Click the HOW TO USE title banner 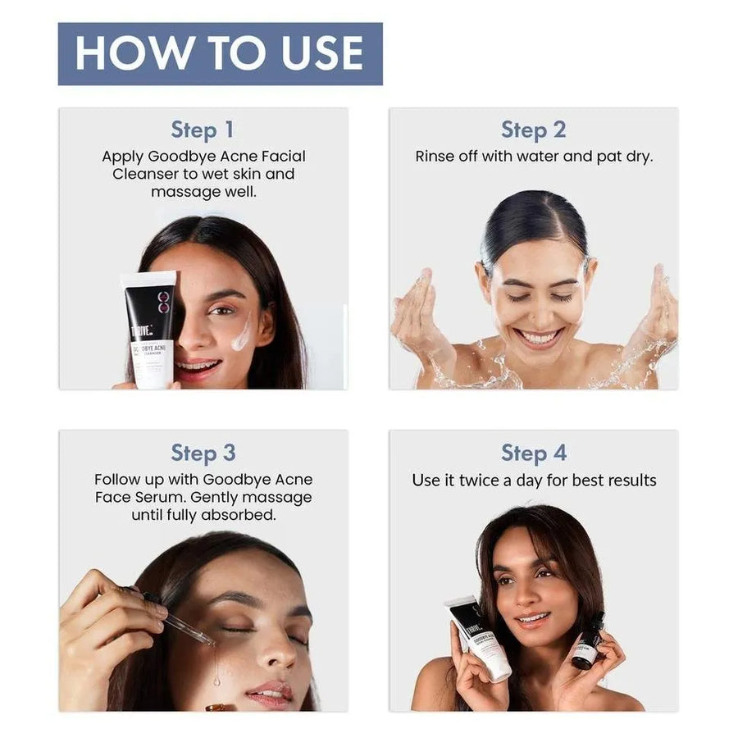point(220,53)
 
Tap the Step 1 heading point(203,130)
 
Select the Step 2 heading point(533,130)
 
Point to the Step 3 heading point(203,453)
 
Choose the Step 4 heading point(533,453)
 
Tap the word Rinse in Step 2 point(435,156)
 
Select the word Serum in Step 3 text point(168,498)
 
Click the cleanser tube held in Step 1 point(148,328)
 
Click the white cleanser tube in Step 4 point(478,638)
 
